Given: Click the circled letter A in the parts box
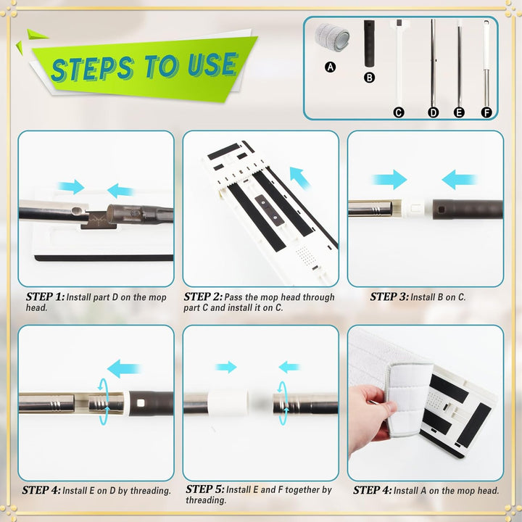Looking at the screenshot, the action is (x=330, y=67).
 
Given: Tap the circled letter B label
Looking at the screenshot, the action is (x=369, y=78).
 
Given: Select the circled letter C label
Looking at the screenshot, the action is (x=399, y=112).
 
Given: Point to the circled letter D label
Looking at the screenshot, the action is (x=433, y=112).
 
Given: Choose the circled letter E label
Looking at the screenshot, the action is (x=459, y=112).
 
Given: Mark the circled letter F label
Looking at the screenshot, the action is (x=486, y=112).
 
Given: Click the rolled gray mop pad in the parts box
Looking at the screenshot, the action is (x=332, y=37).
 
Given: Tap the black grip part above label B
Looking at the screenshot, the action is (x=369, y=43).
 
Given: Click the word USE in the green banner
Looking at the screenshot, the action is (x=212, y=65).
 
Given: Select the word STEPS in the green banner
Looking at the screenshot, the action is (x=92, y=68).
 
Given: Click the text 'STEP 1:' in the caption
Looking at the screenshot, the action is (x=45, y=297).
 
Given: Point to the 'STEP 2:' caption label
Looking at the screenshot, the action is (x=203, y=297).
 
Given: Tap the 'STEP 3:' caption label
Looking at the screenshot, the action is (x=389, y=297).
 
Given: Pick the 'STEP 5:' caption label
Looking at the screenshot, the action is (x=204, y=489).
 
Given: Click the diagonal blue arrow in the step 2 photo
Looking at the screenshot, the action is (x=300, y=178).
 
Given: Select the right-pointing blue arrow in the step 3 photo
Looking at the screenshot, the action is (x=389, y=180).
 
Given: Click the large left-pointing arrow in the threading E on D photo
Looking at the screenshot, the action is (x=125, y=368).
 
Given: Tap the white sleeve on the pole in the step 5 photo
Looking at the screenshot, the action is (x=228, y=403).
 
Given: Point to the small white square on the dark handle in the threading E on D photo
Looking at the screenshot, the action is (x=141, y=403).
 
